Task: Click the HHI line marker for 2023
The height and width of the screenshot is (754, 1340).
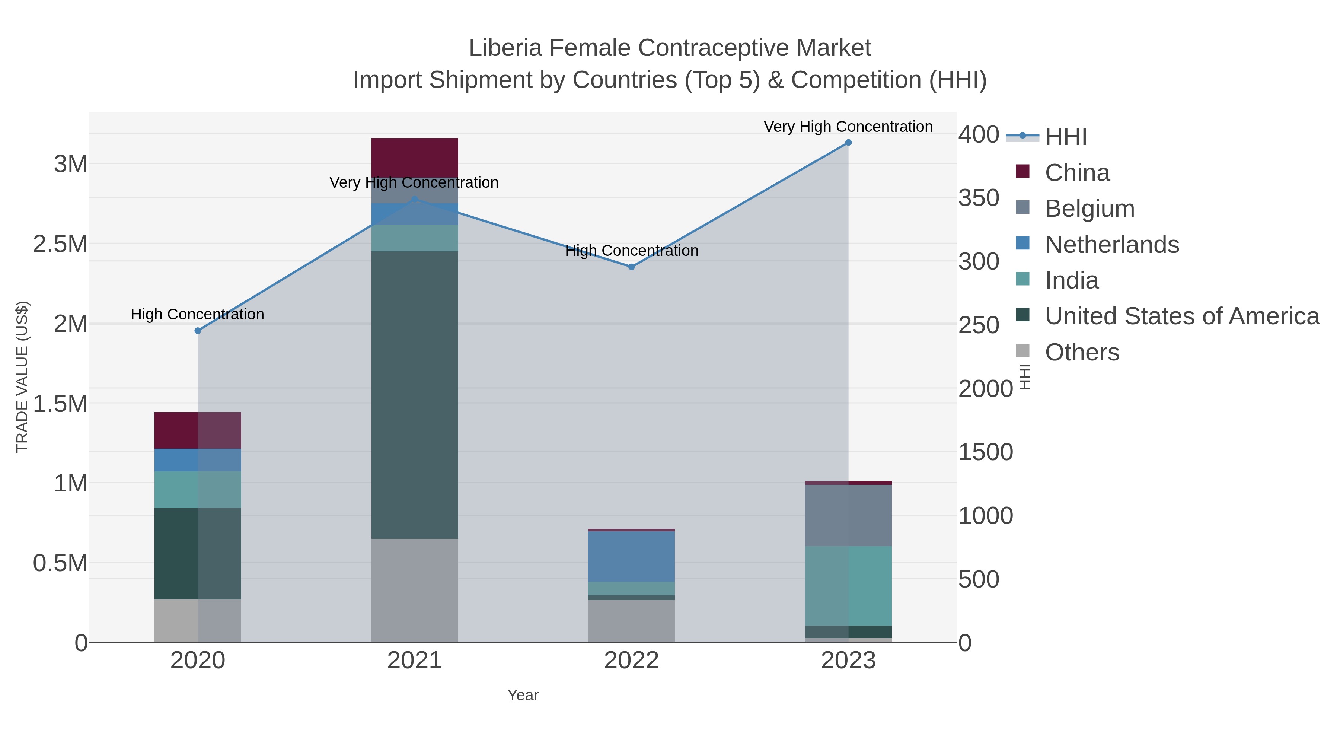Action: pos(848,143)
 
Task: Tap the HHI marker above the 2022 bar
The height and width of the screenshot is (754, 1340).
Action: pos(632,267)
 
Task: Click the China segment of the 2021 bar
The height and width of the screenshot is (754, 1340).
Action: pos(415,157)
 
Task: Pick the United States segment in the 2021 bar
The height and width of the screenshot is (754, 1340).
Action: pos(415,395)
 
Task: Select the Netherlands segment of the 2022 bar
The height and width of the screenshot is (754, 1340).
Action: pos(632,556)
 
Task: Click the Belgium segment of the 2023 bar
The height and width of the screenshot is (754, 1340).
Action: pos(848,515)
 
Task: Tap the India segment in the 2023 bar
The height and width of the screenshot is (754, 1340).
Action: pos(848,585)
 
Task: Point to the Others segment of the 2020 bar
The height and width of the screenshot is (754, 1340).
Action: pos(198,620)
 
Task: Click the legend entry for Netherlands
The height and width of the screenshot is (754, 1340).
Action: pos(1111,245)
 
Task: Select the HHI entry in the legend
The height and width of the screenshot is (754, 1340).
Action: pos(1065,136)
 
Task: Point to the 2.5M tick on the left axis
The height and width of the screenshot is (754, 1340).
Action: pos(60,244)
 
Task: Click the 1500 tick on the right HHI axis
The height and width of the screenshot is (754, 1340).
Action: pos(985,452)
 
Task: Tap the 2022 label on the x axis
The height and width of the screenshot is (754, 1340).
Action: pos(632,661)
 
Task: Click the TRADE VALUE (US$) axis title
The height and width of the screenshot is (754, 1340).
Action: pos(22,377)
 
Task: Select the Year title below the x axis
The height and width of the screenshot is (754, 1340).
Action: pos(523,695)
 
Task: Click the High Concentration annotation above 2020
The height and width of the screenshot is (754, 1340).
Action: pos(198,314)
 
